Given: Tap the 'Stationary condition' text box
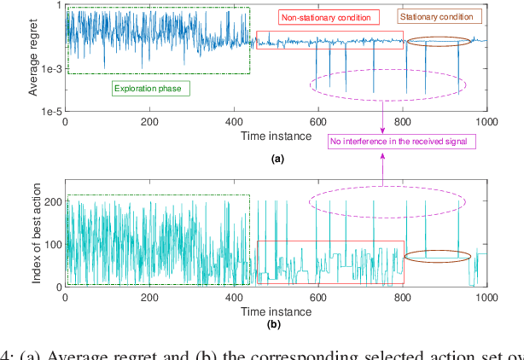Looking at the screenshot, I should (440, 16).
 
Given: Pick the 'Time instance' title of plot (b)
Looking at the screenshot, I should (276, 311).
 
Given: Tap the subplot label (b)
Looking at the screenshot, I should (277, 325).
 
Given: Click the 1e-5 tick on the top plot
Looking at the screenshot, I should (48, 112).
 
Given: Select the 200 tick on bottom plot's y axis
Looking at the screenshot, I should (53, 201).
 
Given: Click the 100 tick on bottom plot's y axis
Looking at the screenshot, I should (53, 244).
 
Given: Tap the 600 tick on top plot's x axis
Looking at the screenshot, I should (318, 122).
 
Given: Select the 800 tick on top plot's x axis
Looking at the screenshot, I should (402, 122).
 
